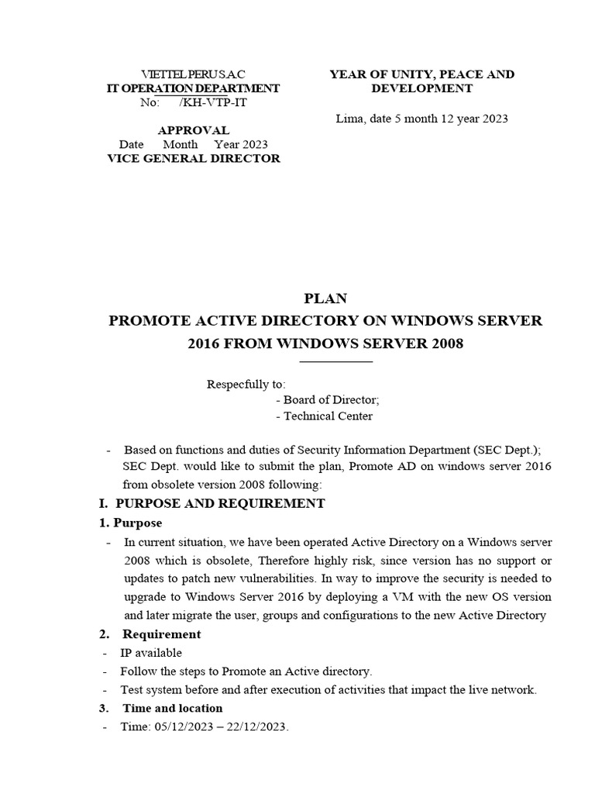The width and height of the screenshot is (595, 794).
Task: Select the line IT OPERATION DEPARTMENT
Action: click(193, 88)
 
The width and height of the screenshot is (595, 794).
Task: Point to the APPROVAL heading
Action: click(193, 130)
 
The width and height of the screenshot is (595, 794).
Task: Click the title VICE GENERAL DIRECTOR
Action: click(193, 158)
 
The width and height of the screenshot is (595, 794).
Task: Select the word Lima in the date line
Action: click(349, 119)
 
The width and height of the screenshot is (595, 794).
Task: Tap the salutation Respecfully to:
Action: click(246, 384)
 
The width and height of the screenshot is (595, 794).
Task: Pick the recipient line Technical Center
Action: click(324, 416)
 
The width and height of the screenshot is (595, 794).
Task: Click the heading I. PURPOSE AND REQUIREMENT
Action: click(212, 504)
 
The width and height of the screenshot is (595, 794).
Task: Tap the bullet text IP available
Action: click(151, 653)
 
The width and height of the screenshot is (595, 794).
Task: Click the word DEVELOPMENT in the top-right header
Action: click(421, 88)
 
